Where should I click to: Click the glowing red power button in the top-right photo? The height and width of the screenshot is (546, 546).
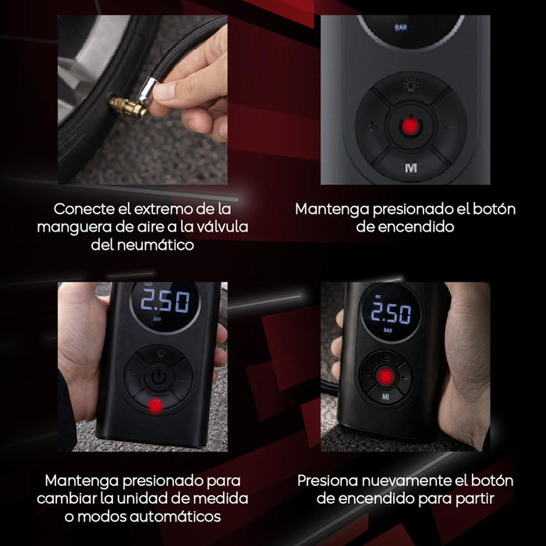coord(410,126)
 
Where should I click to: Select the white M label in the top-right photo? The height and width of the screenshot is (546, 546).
coord(411,168)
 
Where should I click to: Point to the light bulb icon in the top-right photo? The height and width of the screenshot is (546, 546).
coord(411,85)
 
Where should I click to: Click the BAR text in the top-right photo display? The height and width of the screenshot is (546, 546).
coord(401,27)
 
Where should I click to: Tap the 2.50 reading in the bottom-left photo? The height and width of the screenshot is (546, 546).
coord(165,301)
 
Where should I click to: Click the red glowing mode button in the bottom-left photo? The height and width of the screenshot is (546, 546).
coord(154,406)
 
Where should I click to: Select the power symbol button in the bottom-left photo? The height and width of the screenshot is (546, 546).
coord(158,377)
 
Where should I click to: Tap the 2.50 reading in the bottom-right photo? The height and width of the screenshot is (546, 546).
coord(391,313)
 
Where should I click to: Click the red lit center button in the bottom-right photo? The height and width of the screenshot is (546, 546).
coord(385,377)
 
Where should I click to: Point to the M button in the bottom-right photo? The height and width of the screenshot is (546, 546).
coord(385,396)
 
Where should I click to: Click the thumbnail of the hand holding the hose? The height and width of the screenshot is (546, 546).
coord(143,100)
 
